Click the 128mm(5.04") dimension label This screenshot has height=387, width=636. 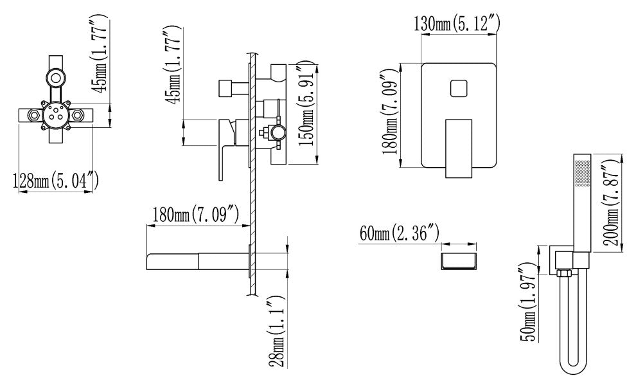click(55, 181)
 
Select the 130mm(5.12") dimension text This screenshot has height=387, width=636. click(456, 23)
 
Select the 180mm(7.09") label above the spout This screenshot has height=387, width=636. click(195, 215)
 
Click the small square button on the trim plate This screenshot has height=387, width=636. click(459, 89)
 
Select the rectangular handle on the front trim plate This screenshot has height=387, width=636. click(459, 148)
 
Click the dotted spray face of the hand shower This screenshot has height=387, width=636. click(583, 174)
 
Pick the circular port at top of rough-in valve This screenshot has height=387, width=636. click(56, 78)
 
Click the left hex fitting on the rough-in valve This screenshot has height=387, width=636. click(33, 116)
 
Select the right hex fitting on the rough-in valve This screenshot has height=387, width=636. click(78, 116)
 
